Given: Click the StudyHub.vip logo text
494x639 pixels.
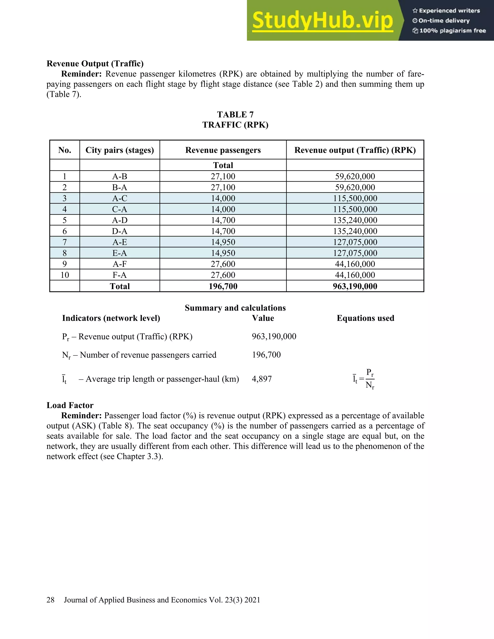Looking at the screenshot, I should point(322,20).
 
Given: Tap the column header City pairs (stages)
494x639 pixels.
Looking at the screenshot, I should point(119,150).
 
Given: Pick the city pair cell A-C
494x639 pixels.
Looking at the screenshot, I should point(119,198).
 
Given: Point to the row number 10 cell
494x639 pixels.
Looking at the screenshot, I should point(65,275).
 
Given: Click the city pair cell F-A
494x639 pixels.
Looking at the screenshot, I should point(119,275).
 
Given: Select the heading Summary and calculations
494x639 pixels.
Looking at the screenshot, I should point(235,308).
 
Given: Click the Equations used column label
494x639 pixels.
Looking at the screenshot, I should point(365,318).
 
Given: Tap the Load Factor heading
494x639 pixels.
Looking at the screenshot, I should point(70,405).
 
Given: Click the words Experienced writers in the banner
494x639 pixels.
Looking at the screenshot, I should point(449,11).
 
